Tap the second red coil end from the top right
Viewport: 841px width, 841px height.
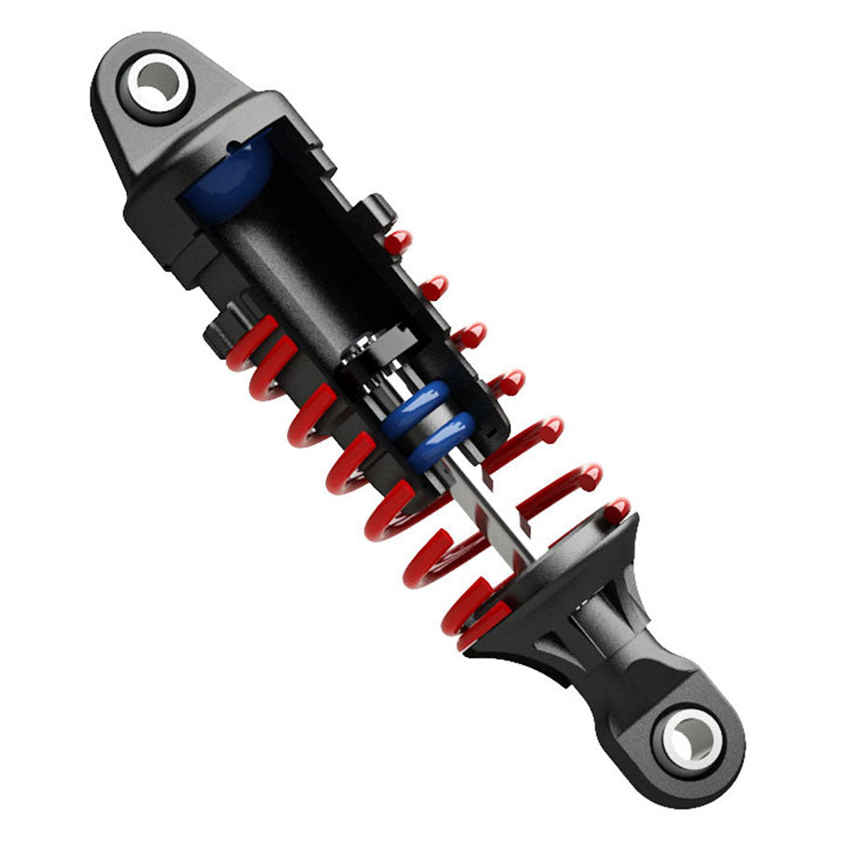pyautogui.click(x=434, y=287)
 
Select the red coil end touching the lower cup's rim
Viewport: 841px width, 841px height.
pyautogui.click(x=616, y=510)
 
